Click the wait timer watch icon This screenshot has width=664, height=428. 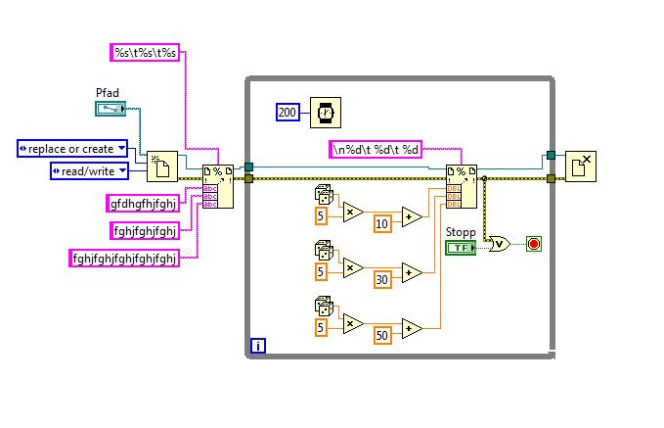click(327, 112)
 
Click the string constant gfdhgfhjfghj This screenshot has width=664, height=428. click(147, 204)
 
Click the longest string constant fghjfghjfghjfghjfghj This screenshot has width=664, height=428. click(123, 259)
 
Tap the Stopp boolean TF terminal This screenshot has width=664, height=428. click(459, 247)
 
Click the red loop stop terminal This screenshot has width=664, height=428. click(533, 242)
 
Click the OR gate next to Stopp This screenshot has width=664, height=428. click(498, 242)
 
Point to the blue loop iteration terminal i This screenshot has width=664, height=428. click(257, 345)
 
